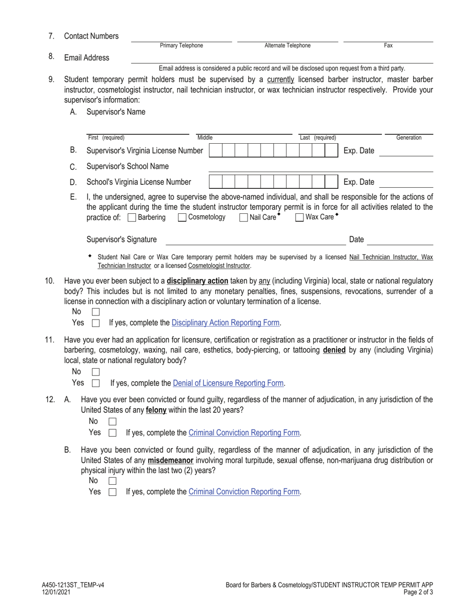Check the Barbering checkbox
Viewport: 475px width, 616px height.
point(132,217)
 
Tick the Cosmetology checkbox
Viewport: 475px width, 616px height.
point(182,217)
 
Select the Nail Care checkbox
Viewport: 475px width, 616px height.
point(243,217)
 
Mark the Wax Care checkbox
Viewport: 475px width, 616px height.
point(299,217)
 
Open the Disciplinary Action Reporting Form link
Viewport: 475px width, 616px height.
point(225,323)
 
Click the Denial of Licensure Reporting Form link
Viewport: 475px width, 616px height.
point(228,383)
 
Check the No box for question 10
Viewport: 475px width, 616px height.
point(96,312)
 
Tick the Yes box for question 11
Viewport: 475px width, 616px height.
point(96,383)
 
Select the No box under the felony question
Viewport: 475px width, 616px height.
point(112,422)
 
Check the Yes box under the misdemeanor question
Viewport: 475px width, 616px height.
point(112,492)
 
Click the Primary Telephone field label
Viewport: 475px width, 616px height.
point(181,46)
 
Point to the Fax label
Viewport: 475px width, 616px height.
point(388,46)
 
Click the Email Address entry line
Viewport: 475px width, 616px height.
point(281,60)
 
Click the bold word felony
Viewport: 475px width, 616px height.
point(156,410)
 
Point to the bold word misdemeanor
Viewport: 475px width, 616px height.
point(170,460)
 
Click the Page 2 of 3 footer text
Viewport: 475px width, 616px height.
point(416,592)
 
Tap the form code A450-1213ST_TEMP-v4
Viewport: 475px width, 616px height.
point(73,585)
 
